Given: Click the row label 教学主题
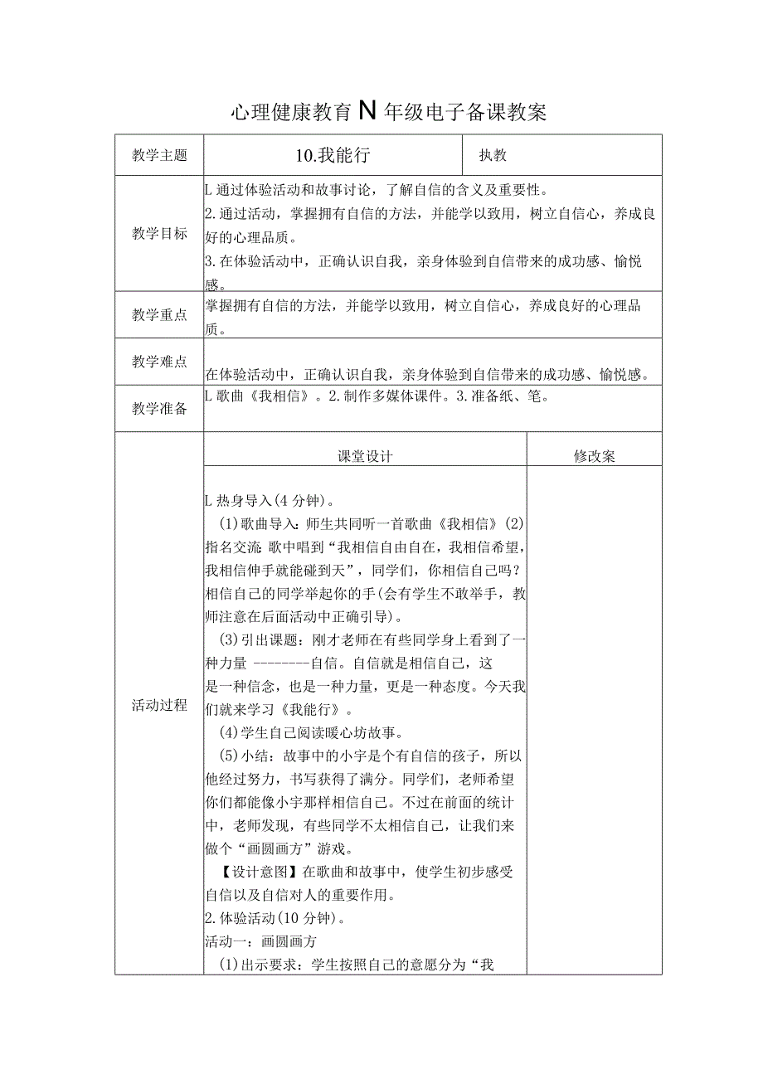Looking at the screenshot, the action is (159, 155).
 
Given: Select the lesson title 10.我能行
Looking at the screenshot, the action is (332, 155).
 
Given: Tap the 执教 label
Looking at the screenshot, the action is (493, 155).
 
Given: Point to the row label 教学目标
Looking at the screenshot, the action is (159, 234).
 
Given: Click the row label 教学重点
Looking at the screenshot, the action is (159, 315).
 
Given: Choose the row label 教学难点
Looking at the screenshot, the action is (159, 361).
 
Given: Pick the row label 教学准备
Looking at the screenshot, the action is (159, 408).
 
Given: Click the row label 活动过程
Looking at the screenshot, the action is (159, 706).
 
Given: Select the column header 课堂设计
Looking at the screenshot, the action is (365, 456).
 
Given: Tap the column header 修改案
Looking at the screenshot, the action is (594, 456).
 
